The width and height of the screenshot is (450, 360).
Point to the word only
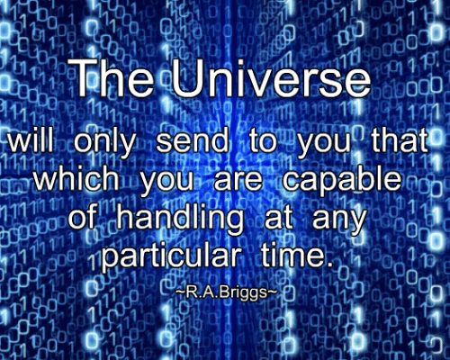pos(104,143)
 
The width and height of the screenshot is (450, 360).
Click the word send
pos(192,140)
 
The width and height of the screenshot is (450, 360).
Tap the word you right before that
pos(323,145)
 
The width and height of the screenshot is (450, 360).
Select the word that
pos(400,140)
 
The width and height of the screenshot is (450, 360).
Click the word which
pos(76,178)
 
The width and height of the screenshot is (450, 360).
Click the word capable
pos(342,181)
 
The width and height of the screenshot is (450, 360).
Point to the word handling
pos(180,219)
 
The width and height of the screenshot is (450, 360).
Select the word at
pos(278,218)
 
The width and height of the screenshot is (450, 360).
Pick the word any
pos(339,220)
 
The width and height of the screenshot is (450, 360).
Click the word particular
pos(171,255)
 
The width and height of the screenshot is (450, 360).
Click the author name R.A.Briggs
pos(225,292)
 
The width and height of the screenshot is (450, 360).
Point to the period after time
pos(329,264)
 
